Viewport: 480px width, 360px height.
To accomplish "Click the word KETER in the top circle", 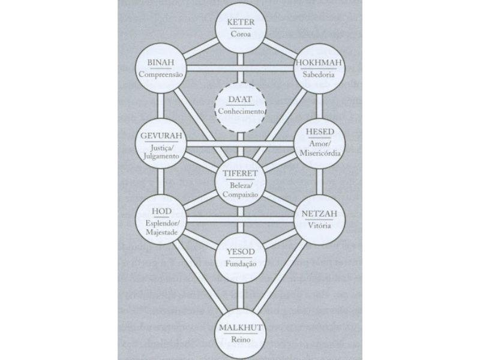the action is click(241, 22).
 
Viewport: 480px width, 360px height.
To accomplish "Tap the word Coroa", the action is click(241, 34).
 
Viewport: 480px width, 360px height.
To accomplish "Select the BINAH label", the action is click(161, 62).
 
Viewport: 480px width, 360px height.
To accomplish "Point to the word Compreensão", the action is click(161, 74).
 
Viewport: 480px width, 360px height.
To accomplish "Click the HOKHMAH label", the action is click(319, 62).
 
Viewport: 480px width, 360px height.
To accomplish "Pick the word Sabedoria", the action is click(319, 74).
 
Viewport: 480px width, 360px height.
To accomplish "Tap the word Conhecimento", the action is click(241, 112).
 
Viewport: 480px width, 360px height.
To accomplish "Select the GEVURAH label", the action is click(161, 136).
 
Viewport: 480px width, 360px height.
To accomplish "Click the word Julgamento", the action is click(161, 156).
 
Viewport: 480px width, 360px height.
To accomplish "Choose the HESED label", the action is click(320, 131).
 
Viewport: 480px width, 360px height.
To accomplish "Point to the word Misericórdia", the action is click(320, 153).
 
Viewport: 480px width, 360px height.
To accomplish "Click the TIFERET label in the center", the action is click(241, 173).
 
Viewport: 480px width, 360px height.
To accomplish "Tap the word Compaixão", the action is click(241, 194).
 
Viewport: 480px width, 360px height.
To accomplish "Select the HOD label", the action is click(161, 211).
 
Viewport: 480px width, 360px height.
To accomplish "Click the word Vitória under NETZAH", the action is click(319, 226).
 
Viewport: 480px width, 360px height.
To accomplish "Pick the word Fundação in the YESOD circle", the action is click(241, 263).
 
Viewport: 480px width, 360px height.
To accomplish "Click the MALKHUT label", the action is click(241, 328).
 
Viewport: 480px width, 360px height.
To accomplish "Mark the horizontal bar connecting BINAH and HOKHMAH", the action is click(241, 68).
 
